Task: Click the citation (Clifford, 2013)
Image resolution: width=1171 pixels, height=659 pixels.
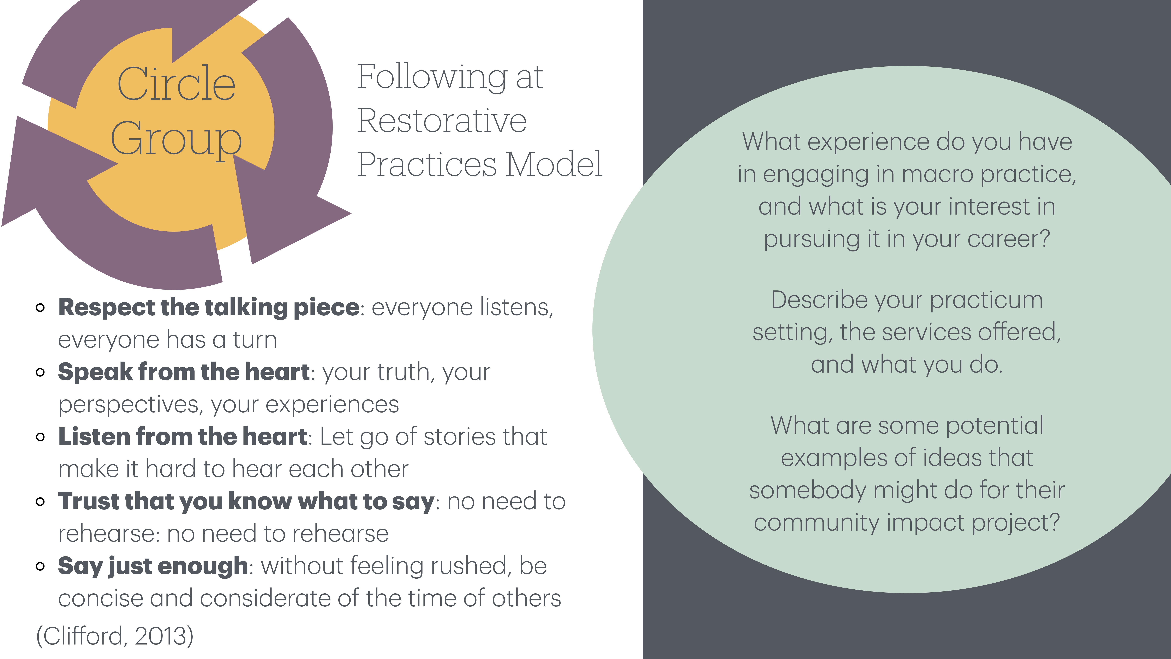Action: click(115, 636)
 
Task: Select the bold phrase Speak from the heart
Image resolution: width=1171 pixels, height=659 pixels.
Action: click(184, 372)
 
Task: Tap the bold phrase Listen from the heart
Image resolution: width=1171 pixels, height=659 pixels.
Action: click(183, 437)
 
